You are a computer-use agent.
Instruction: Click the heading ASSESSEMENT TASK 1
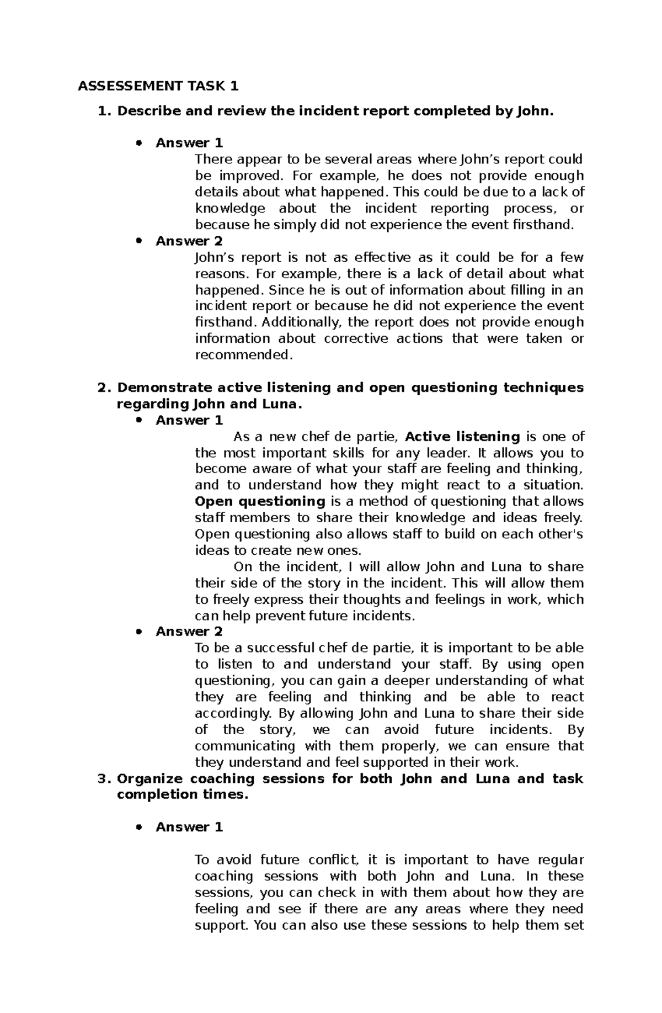tap(158, 86)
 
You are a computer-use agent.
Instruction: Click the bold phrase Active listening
tap(462, 437)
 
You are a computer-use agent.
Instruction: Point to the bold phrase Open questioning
tap(260, 501)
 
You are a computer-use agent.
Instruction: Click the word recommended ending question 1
tap(242, 355)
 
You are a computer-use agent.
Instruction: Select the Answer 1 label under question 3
tap(189, 827)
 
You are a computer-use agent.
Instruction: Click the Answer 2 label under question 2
tap(189, 632)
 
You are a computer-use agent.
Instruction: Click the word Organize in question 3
tap(150, 779)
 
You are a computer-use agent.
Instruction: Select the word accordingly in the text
tap(234, 713)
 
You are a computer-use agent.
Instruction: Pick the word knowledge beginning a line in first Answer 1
tap(230, 209)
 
